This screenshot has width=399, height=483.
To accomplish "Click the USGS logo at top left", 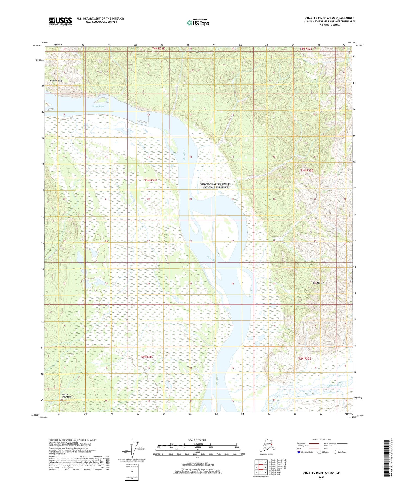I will click(60, 21).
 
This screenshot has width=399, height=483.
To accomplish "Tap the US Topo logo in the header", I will click(198, 23).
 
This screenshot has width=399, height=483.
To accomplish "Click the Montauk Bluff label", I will click(56, 81).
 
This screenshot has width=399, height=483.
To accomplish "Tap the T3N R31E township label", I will click(150, 180).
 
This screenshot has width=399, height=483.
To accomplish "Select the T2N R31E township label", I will click(146, 357).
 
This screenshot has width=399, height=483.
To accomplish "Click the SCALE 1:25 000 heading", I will click(197, 440).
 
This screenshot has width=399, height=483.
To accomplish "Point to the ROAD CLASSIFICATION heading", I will click(321, 440).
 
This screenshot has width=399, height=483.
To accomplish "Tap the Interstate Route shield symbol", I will click(299, 452).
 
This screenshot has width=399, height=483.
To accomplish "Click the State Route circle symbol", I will click(335, 452).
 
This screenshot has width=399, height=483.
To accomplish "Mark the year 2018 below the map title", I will click(321, 477).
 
